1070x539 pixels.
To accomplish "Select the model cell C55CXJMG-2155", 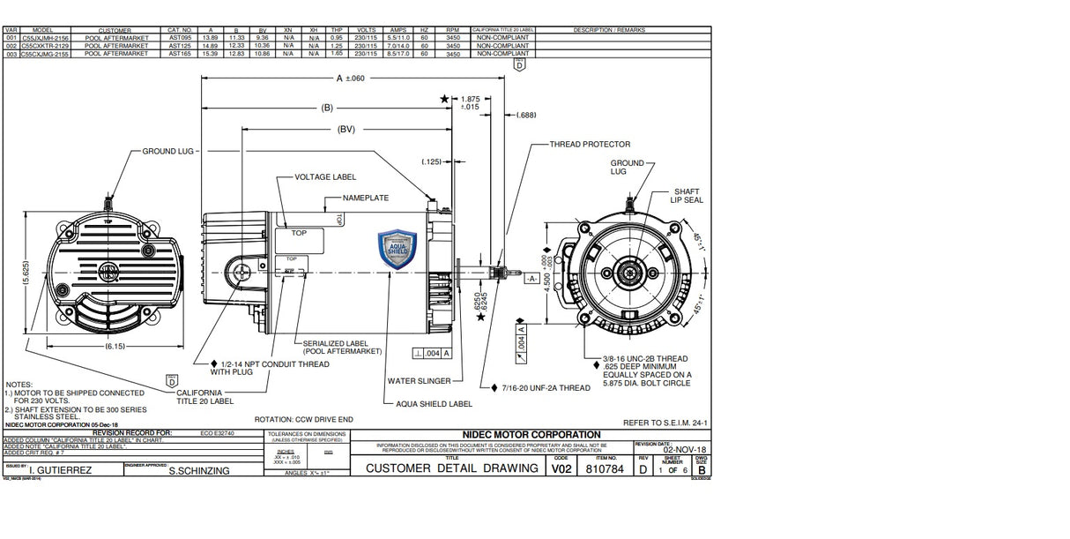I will (50, 54).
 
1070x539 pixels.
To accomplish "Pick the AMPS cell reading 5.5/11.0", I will (398, 38).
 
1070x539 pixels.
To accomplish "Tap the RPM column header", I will (453, 30).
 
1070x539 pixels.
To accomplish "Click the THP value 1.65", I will (336, 54).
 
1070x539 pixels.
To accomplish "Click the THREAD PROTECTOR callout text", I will (590, 144).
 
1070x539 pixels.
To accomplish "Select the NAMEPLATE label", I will (365, 198).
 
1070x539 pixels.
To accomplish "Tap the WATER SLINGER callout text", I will (419, 381).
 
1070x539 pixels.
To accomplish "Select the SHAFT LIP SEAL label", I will (687, 196).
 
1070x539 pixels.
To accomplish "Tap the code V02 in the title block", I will (561, 468).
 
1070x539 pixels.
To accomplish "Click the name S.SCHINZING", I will (198, 471).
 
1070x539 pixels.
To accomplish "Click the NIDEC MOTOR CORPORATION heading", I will (531, 434).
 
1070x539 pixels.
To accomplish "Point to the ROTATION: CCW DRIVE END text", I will (303, 419).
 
